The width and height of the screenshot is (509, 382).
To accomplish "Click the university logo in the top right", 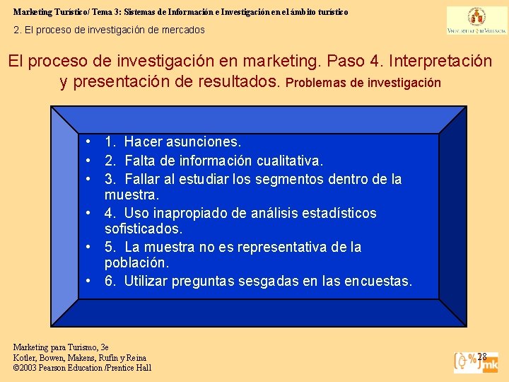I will [476, 21].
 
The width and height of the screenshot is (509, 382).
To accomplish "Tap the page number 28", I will [482, 356].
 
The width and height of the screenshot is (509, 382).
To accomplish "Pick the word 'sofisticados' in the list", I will [144, 228].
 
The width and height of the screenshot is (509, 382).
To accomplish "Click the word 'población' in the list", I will [136, 262].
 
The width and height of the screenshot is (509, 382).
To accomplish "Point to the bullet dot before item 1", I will [88, 142].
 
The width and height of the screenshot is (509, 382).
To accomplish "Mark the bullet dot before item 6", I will [88, 281].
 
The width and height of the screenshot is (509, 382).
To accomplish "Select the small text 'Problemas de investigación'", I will [363, 83].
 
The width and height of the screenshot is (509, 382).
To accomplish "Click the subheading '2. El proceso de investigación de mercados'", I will [110, 30].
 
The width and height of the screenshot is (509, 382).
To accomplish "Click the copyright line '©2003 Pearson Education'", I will [82, 367].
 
